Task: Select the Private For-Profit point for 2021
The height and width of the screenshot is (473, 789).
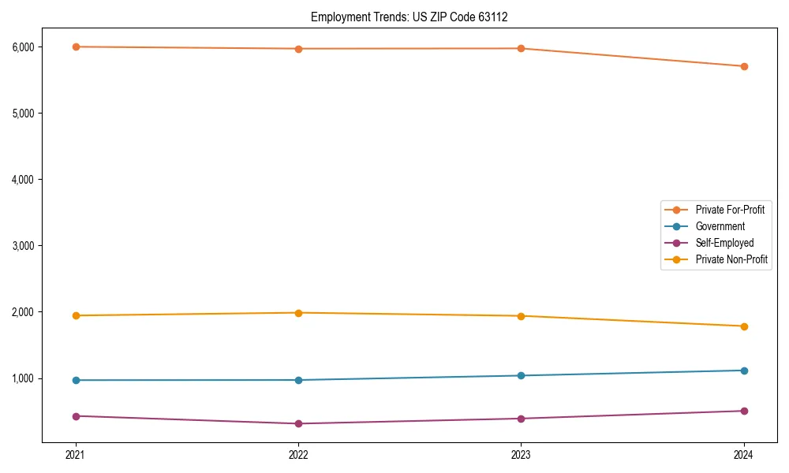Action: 76,47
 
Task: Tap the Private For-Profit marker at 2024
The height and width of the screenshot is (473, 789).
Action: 744,66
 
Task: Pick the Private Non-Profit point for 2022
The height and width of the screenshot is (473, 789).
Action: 298,313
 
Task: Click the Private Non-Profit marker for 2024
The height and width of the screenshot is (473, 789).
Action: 744,326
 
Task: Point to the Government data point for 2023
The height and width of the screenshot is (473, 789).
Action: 521,375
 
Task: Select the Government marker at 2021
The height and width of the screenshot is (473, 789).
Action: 76,380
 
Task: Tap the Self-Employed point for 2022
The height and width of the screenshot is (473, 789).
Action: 298,423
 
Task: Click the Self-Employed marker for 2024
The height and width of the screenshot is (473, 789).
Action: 744,411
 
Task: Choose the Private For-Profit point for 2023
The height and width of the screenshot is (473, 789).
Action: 521,48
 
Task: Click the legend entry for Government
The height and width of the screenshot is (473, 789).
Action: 720,226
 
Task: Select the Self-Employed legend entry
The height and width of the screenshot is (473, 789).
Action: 724,243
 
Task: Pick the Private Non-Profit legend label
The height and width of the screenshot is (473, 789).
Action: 731,259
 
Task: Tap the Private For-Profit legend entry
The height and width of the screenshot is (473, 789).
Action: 729,210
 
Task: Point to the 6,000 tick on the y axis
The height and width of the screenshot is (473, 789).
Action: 24,47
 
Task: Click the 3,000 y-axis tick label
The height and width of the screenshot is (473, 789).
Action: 24,246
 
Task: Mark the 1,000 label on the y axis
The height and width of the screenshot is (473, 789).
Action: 24,378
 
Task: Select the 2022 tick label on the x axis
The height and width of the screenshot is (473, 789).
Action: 298,455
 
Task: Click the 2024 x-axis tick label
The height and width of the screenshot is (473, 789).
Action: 744,455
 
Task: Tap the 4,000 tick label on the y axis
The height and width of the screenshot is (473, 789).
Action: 24,180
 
